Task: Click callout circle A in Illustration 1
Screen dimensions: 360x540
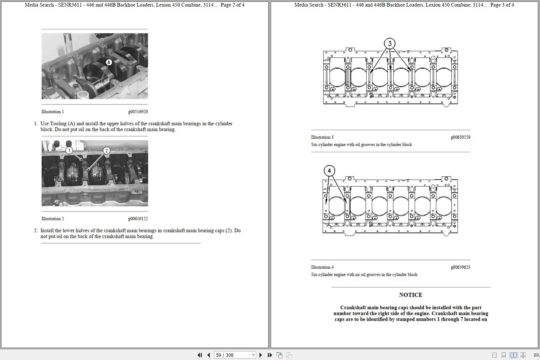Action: (x=108, y=62)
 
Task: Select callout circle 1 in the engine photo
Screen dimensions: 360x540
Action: (x=69, y=150)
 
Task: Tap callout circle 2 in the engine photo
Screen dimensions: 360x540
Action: (x=107, y=150)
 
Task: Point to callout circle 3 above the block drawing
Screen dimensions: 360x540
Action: (x=390, y=44)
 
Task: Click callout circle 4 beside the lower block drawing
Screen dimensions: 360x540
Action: (x=329, y=171)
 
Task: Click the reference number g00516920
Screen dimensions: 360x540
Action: (x=138, y=112)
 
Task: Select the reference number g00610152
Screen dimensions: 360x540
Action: (x=138, y=219)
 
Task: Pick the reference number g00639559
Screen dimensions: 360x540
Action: (x=460, y=137)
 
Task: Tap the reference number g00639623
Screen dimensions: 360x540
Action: (x=460, y=267)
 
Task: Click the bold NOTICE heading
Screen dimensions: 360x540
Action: (x=410, y=295)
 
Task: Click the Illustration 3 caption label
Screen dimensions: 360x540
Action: (x=322, y=137)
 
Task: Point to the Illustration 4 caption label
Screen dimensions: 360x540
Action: (x=322, y=267)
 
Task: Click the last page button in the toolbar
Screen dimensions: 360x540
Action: (x=270, y=355)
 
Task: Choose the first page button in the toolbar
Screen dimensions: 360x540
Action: (x=200, y=355)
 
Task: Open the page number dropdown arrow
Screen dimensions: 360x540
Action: (x=253, y=355)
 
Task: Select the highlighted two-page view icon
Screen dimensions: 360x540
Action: (x=513, y=355)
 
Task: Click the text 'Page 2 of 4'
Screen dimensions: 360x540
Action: (x=232, y=5)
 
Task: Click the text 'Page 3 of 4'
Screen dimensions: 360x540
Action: (x=502, y=5)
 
